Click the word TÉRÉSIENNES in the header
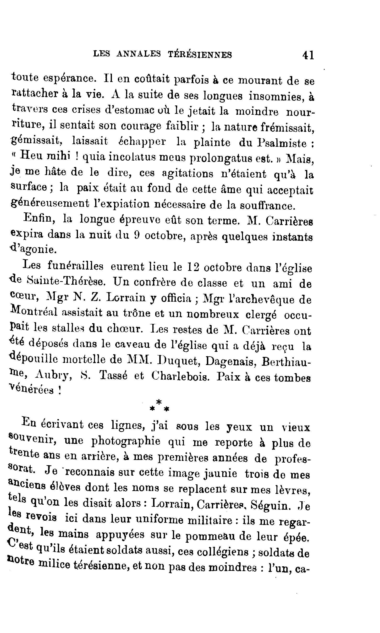click(x=200, y=54)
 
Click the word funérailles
click(x=76, y=266)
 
